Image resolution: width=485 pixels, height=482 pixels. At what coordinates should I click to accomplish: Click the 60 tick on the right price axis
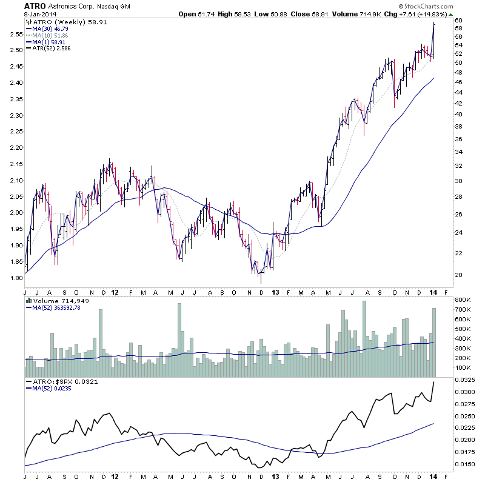click(459, 20)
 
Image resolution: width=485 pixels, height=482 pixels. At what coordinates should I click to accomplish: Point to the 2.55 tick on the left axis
click(15, 34)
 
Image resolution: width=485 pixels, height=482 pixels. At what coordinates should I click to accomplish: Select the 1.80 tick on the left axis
click(15, 278)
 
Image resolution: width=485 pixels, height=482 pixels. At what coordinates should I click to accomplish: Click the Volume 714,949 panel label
click(58, 300)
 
